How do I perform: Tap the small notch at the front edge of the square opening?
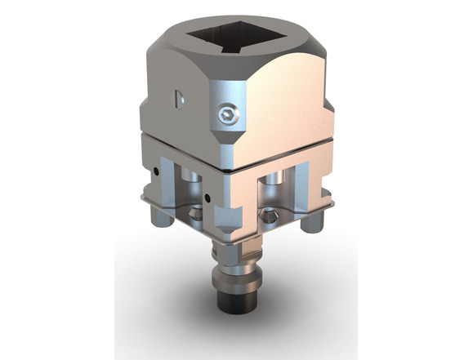pos(234,51)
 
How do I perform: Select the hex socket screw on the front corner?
pos(228,116)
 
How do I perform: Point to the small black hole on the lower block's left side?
pos(155,171)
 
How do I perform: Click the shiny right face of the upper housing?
pos(286,106)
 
